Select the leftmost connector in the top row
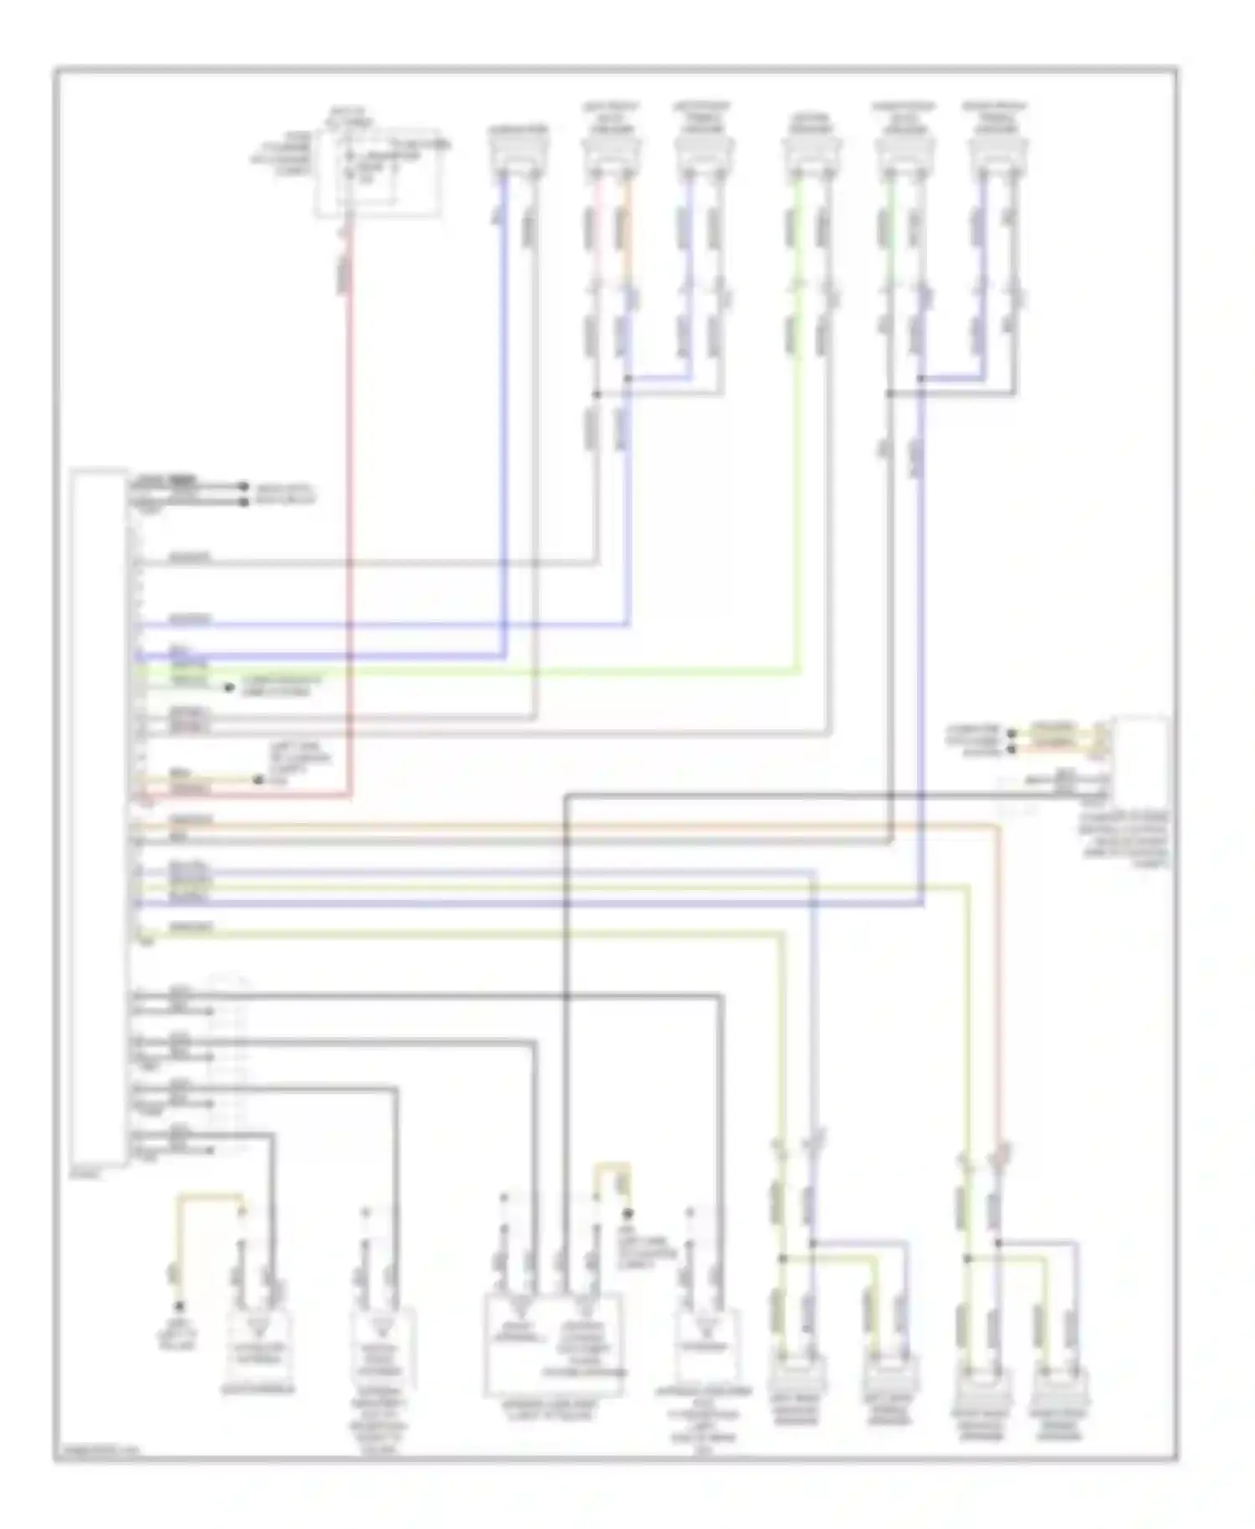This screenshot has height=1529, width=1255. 519,151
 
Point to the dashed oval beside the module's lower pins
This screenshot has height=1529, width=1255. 228,1062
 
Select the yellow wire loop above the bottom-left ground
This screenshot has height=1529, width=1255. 209,1200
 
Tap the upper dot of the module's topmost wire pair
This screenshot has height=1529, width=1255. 244,486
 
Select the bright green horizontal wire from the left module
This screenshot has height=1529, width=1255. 469,671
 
